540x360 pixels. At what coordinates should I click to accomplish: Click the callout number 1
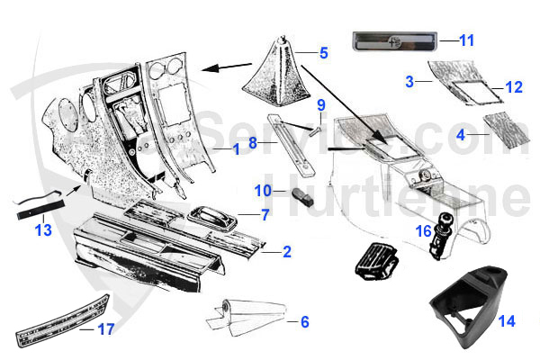(236, 149)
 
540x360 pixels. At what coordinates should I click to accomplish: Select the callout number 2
(286, 252)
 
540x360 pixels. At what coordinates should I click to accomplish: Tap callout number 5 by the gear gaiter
(325, 51)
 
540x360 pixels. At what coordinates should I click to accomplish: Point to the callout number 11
(465, 40)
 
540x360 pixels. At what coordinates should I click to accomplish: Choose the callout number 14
(507, 320)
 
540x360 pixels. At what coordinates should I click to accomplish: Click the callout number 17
(105, 329)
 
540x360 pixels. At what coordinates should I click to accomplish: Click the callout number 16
(422, 231)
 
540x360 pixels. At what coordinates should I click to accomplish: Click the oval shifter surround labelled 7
(211, 217)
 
